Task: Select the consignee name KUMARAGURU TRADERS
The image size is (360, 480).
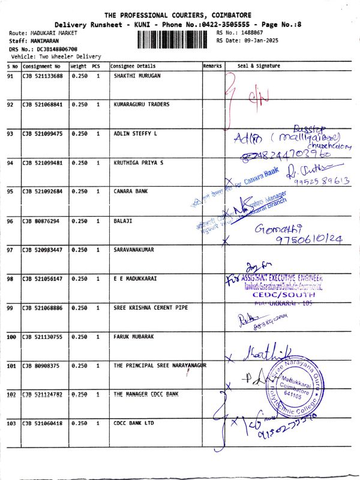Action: tap(141, 104)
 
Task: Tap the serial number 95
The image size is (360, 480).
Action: tap(11, 191)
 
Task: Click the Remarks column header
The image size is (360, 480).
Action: tap(212, 66)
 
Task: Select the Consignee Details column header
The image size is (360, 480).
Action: tap(133, 66)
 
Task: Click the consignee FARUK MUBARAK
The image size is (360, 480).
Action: tap(133, 337)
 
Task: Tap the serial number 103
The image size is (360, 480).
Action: tap(11, 424)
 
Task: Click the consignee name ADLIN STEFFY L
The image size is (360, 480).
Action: tap(136, 134)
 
